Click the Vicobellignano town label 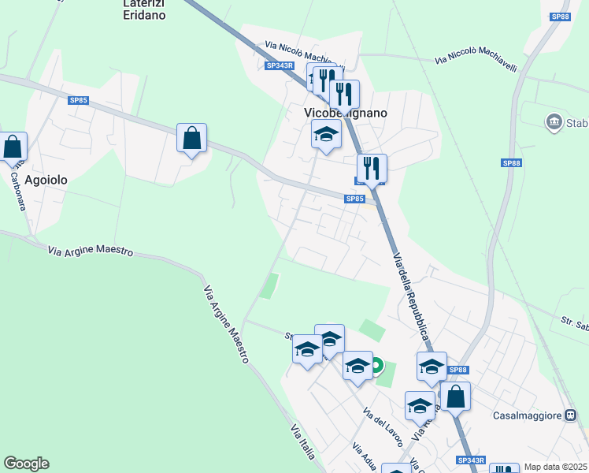pyautogui.click(x=346, y=113)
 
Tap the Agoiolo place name pyautogui.click(x=46, y=180)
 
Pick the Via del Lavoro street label pyautogui.click(x=383, y=426)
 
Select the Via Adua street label pyautogui.click(x=365, y=456)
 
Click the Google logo pyautogui.click(x=26, y=464)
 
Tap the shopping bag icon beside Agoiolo pyautogui.click(x=13, y=147)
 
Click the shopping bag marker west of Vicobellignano pyautogui.click(x=191, y=138)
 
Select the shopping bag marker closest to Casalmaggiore pyautogui.click(x=455, y=397)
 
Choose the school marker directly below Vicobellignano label pyautogui.click(x=327, y=136)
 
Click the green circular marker pyautogui.click(x=376, y=365)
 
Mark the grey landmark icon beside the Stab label pyautogui.click(x=553, y=122)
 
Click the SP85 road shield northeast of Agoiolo pyautogui.click(x=78, y=100)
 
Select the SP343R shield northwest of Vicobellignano pyautogui.click(x=280, y=66)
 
